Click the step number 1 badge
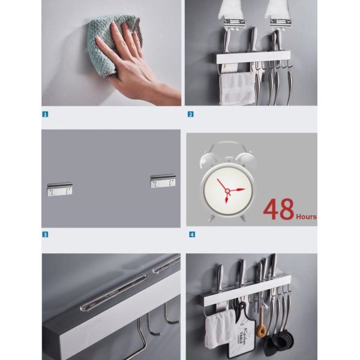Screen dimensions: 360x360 [x=45, y=113]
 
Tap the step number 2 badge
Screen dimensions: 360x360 [x=191, y=113]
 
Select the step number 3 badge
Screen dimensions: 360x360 [x=45, y=234]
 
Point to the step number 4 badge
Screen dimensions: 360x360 [x=191, y=234]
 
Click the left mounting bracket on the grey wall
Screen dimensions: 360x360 [x=60, y=187]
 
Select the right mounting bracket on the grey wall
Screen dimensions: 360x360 [x=163, y=181]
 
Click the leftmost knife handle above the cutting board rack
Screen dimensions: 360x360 [x=220, y=276]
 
